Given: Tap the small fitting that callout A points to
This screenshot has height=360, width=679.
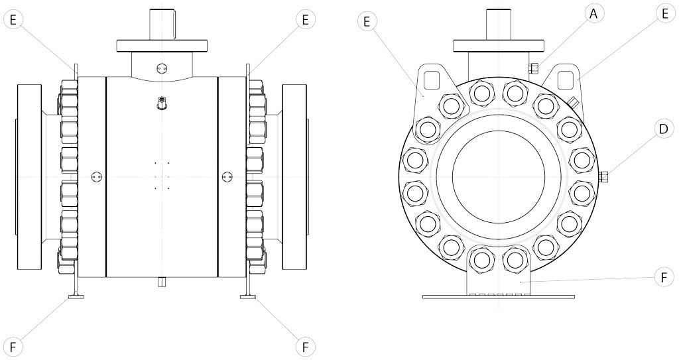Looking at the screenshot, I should [x=533, y=68].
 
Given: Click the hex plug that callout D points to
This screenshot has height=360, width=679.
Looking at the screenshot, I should [x=605, y=177].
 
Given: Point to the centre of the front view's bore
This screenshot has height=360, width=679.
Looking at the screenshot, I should [x=499, y=176].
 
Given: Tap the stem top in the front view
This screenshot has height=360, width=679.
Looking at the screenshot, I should [x=499, y=25].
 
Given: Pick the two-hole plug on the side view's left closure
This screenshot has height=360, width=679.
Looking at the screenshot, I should [x=97, y=176].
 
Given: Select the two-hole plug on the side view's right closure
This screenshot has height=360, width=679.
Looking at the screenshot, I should [x=227, y=176].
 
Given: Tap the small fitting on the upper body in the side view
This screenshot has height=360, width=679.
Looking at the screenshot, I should [x=162, y=103].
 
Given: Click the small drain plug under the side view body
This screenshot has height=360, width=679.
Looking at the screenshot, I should [x=162, y=282].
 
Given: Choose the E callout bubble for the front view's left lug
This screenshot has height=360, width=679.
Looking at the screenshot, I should [x=365, y=21].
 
